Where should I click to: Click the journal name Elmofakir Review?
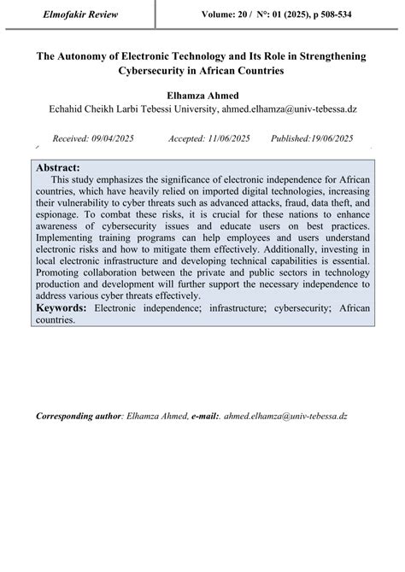coord(77,14)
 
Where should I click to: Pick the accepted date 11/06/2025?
coord(228,137)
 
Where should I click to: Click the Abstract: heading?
coord(59,168)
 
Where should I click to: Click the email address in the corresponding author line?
coord(285,416)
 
